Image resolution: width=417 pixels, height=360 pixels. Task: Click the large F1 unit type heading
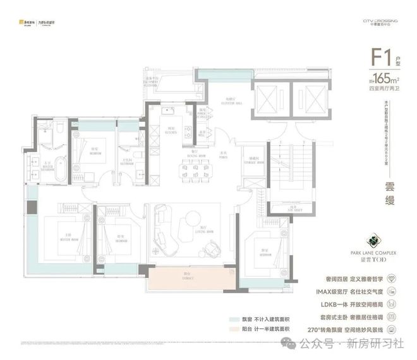[x=378, y=61]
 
